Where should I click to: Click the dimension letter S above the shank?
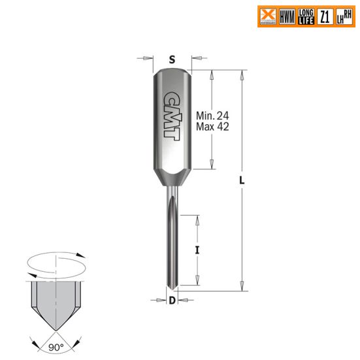[172, 59]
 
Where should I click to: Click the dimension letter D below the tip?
[172, 301]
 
